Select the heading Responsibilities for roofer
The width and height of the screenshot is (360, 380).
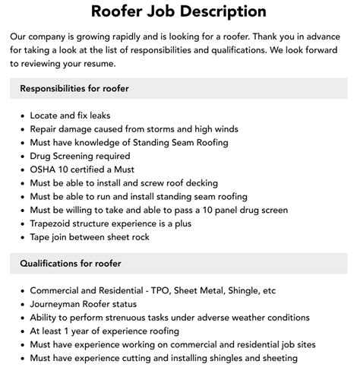(x=74, y=88)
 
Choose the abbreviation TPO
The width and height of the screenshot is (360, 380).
(x=183, y=290)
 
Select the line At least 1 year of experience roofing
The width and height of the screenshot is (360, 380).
(x=105, y=331)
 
